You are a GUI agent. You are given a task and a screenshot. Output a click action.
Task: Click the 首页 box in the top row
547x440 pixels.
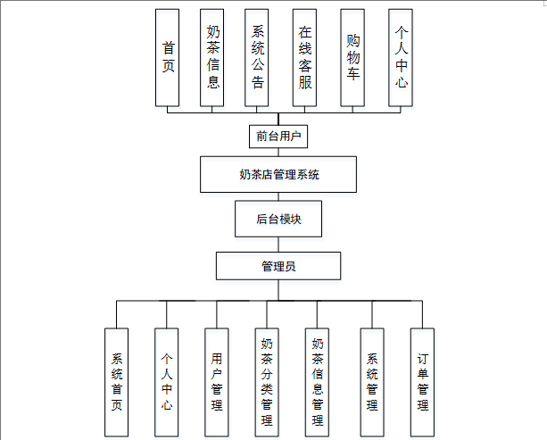coord(168,58)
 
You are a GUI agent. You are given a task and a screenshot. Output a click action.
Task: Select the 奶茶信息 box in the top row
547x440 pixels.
coord(213,58)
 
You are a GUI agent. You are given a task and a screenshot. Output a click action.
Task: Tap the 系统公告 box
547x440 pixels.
coord(257,58)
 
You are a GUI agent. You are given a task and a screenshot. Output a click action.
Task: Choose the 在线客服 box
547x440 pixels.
coord(305,58)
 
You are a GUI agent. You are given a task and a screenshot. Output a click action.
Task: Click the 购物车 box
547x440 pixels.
coord(353,58)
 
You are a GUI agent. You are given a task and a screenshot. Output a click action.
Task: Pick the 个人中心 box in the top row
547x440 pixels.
coord(401,58)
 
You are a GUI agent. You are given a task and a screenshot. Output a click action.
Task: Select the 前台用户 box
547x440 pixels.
coord(278,137)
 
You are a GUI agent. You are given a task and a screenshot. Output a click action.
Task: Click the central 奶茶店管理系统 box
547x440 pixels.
coord(279,174)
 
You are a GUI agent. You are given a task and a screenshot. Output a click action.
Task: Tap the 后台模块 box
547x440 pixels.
coord(278,219)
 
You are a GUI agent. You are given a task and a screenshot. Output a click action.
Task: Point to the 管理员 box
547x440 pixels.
coord(278,266)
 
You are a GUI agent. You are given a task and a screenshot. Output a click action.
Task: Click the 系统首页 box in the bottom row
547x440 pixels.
coord(116,382)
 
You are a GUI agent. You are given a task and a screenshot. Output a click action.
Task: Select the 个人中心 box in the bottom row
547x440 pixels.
coord(166,382)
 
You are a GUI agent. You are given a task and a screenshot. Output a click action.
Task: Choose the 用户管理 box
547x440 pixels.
coord(216,382)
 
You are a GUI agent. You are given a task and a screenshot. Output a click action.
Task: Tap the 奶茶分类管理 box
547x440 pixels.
coord(267,382)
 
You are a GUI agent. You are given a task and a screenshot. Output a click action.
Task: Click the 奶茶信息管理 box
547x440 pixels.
coord(318,382)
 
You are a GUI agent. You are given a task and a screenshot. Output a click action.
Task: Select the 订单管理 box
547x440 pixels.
coord(422,382)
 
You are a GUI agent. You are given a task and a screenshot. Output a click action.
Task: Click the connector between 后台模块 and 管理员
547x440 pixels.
coord(278,245)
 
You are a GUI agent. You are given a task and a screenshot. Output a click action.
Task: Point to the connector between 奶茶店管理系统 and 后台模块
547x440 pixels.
coord(278,196)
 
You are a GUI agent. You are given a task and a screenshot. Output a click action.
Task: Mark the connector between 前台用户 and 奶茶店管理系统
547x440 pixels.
coord(278,153)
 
